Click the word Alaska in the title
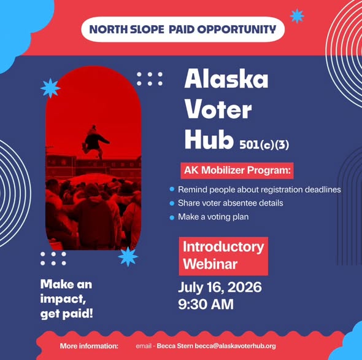tap(226, 79)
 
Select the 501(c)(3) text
tap(264, 145)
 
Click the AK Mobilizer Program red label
tap(237, 171)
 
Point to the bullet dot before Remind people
tap(172, 189)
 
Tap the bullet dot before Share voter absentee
tap(172, 203)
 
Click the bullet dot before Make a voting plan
tap(172, 217)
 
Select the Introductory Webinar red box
tap(223, 256)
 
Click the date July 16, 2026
tap(220, 287)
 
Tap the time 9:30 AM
tap(206, 304)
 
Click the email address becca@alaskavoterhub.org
tap(235, 346)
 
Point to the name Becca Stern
tap(175, 346)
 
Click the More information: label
tap(89, 346)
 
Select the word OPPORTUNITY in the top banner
tap(237, 29)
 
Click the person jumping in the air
tap(94, 142)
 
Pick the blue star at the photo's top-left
tap(50, 88)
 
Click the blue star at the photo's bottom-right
tap(128, 257)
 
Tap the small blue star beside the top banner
tap(297, 16)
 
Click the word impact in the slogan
tap(62, 299)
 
